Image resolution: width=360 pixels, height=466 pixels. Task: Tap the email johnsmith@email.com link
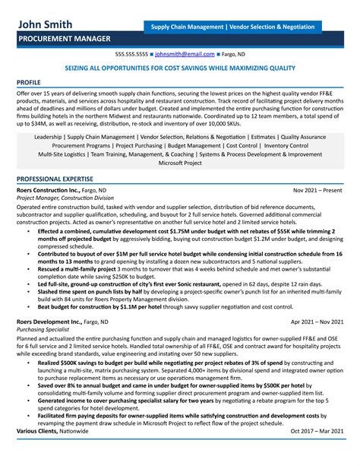(185, 55)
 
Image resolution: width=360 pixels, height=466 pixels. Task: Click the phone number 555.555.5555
(131, 55)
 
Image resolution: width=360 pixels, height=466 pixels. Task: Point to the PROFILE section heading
(30, 81)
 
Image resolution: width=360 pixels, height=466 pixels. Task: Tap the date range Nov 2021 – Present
(318, 189)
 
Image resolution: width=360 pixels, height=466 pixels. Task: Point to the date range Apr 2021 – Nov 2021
(317, 301)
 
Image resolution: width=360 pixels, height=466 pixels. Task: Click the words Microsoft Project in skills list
(180, 163)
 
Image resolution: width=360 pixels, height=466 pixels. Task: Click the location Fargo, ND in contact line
(231, 55)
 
